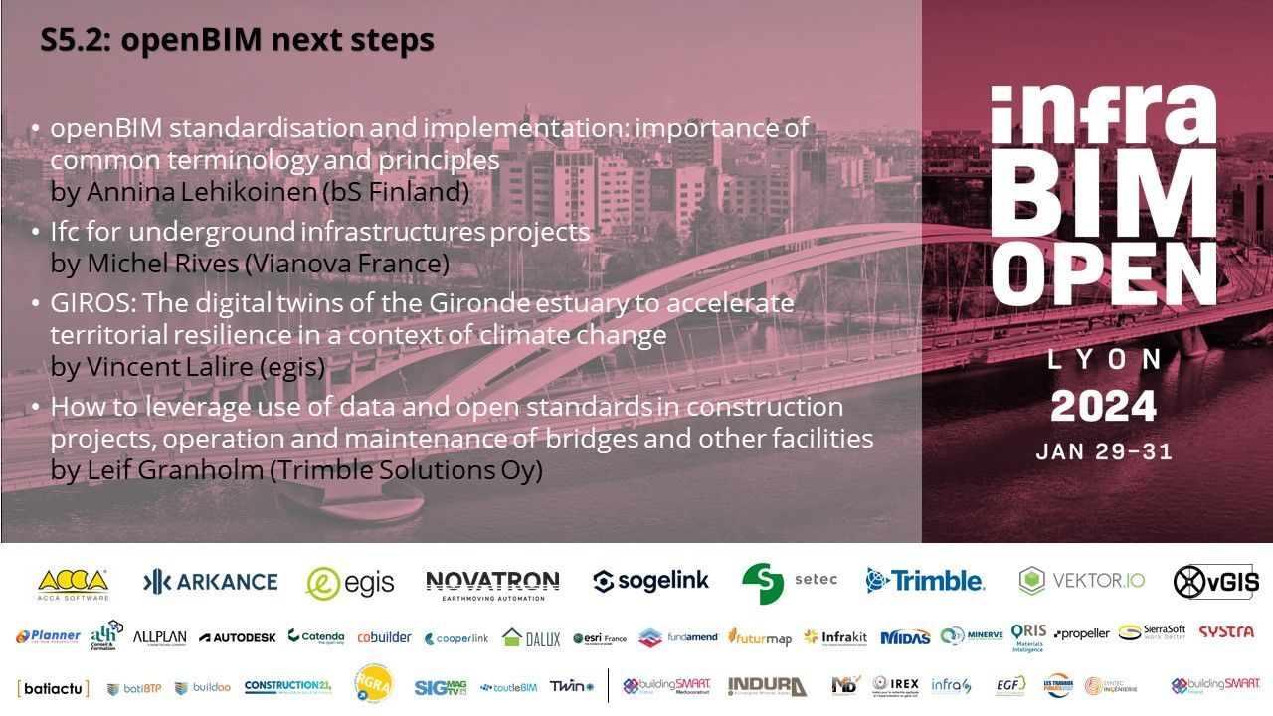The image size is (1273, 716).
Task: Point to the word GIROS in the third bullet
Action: [86, 303]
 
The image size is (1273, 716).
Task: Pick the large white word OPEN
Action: [1103, 275]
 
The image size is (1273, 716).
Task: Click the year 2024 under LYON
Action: [1103, 406]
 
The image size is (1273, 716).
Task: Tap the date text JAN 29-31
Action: [1103, 451]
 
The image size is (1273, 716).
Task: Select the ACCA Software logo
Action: [73, 583]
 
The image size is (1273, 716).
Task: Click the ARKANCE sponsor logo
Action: [210, 582]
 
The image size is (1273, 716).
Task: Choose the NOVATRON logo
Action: [492, 584]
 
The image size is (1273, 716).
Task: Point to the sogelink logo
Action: [651, 582]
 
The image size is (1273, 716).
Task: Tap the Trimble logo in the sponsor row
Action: [924, 581]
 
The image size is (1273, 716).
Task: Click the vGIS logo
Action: [1215, 582]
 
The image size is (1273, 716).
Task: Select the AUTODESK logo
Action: [237, 637]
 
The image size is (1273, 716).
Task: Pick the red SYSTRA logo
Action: [1225, 632]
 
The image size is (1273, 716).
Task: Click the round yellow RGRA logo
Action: [374, 684]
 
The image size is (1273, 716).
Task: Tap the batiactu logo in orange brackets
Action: [53, 687]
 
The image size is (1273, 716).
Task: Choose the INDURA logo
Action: [767, 686]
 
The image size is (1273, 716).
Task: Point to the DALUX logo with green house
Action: [531, 638]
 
